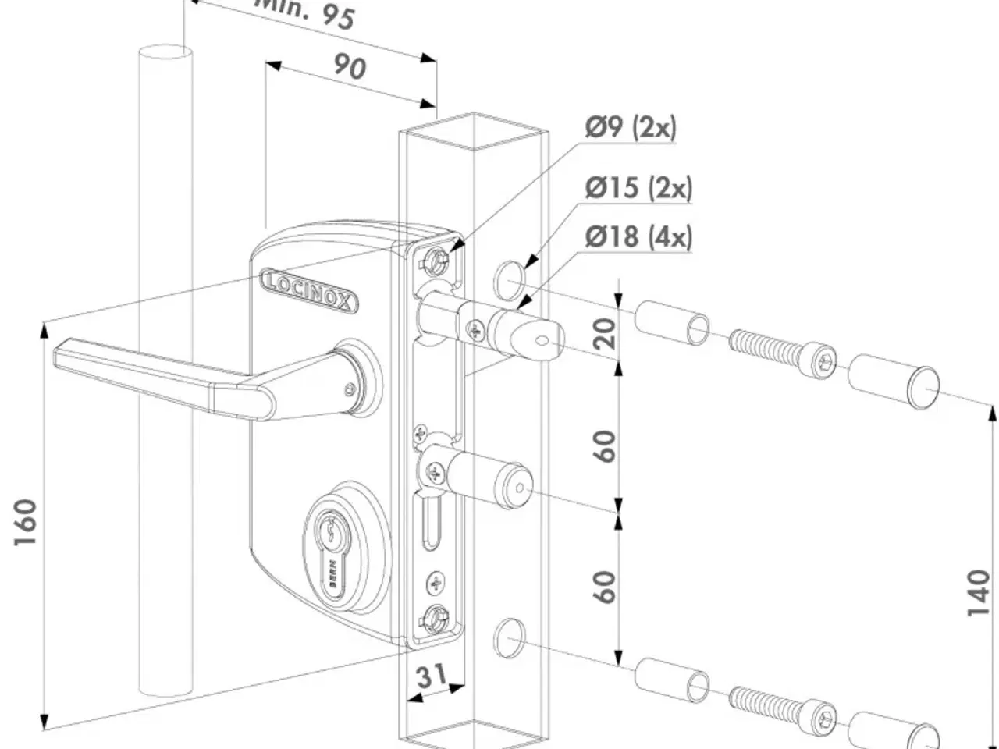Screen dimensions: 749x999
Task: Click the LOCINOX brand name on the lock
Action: pyautogui.click(x=309, y=290)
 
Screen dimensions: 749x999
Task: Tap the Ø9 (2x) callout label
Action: pyautogui.click(x=630, y=126)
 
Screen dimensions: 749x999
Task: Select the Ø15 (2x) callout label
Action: pyautogui.click(x=638, y=188)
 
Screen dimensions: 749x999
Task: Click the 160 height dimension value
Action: pyautogui.click(x=27, y=522)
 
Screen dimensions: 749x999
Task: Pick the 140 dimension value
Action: pyautogui.click(x=979, y=593)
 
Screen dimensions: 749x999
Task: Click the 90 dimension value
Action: pyautogui.click(x=350, y=67)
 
